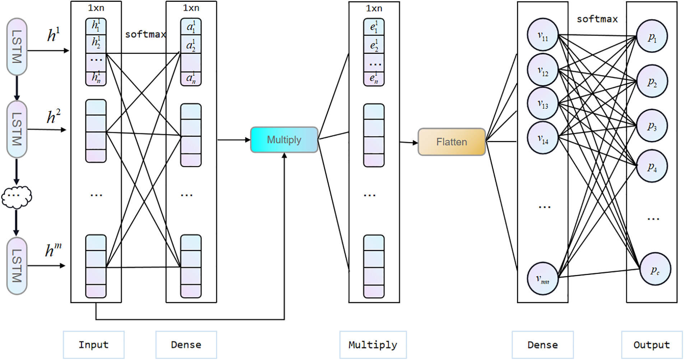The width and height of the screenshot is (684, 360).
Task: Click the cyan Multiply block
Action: [x=284, y=140]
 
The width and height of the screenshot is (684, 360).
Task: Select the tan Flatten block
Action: [x=451, y=142]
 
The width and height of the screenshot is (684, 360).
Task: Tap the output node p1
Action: [x=652, y=37]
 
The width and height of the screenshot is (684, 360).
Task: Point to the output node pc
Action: [x=655, y=270]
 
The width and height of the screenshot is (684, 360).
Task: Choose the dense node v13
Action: [x=543, y=103]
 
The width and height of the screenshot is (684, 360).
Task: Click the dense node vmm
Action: [x=543, y=279]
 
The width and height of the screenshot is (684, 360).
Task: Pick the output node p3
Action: [x=652, y=126]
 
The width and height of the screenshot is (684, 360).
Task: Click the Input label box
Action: [x=94, y=345]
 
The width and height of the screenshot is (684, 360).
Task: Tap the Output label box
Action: [x=651, y=345]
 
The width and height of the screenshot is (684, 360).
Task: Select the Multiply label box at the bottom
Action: [x=373, y=345]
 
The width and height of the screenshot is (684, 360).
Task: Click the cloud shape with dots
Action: [x=17, y=197]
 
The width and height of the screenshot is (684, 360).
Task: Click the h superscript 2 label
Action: [x=53, y=117]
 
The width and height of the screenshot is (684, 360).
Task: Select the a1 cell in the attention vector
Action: [x=191, y=27]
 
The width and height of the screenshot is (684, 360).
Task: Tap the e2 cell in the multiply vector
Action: [x=374, y=45]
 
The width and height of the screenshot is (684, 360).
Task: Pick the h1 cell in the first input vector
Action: [x=96, y=26]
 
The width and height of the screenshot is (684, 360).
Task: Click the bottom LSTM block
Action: [x=17, y=266]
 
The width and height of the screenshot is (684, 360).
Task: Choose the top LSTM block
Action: [x=17, y=47]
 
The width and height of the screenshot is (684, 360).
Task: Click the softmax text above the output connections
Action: [x=597, y=19]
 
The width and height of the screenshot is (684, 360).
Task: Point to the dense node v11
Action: [x=543, y=35]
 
